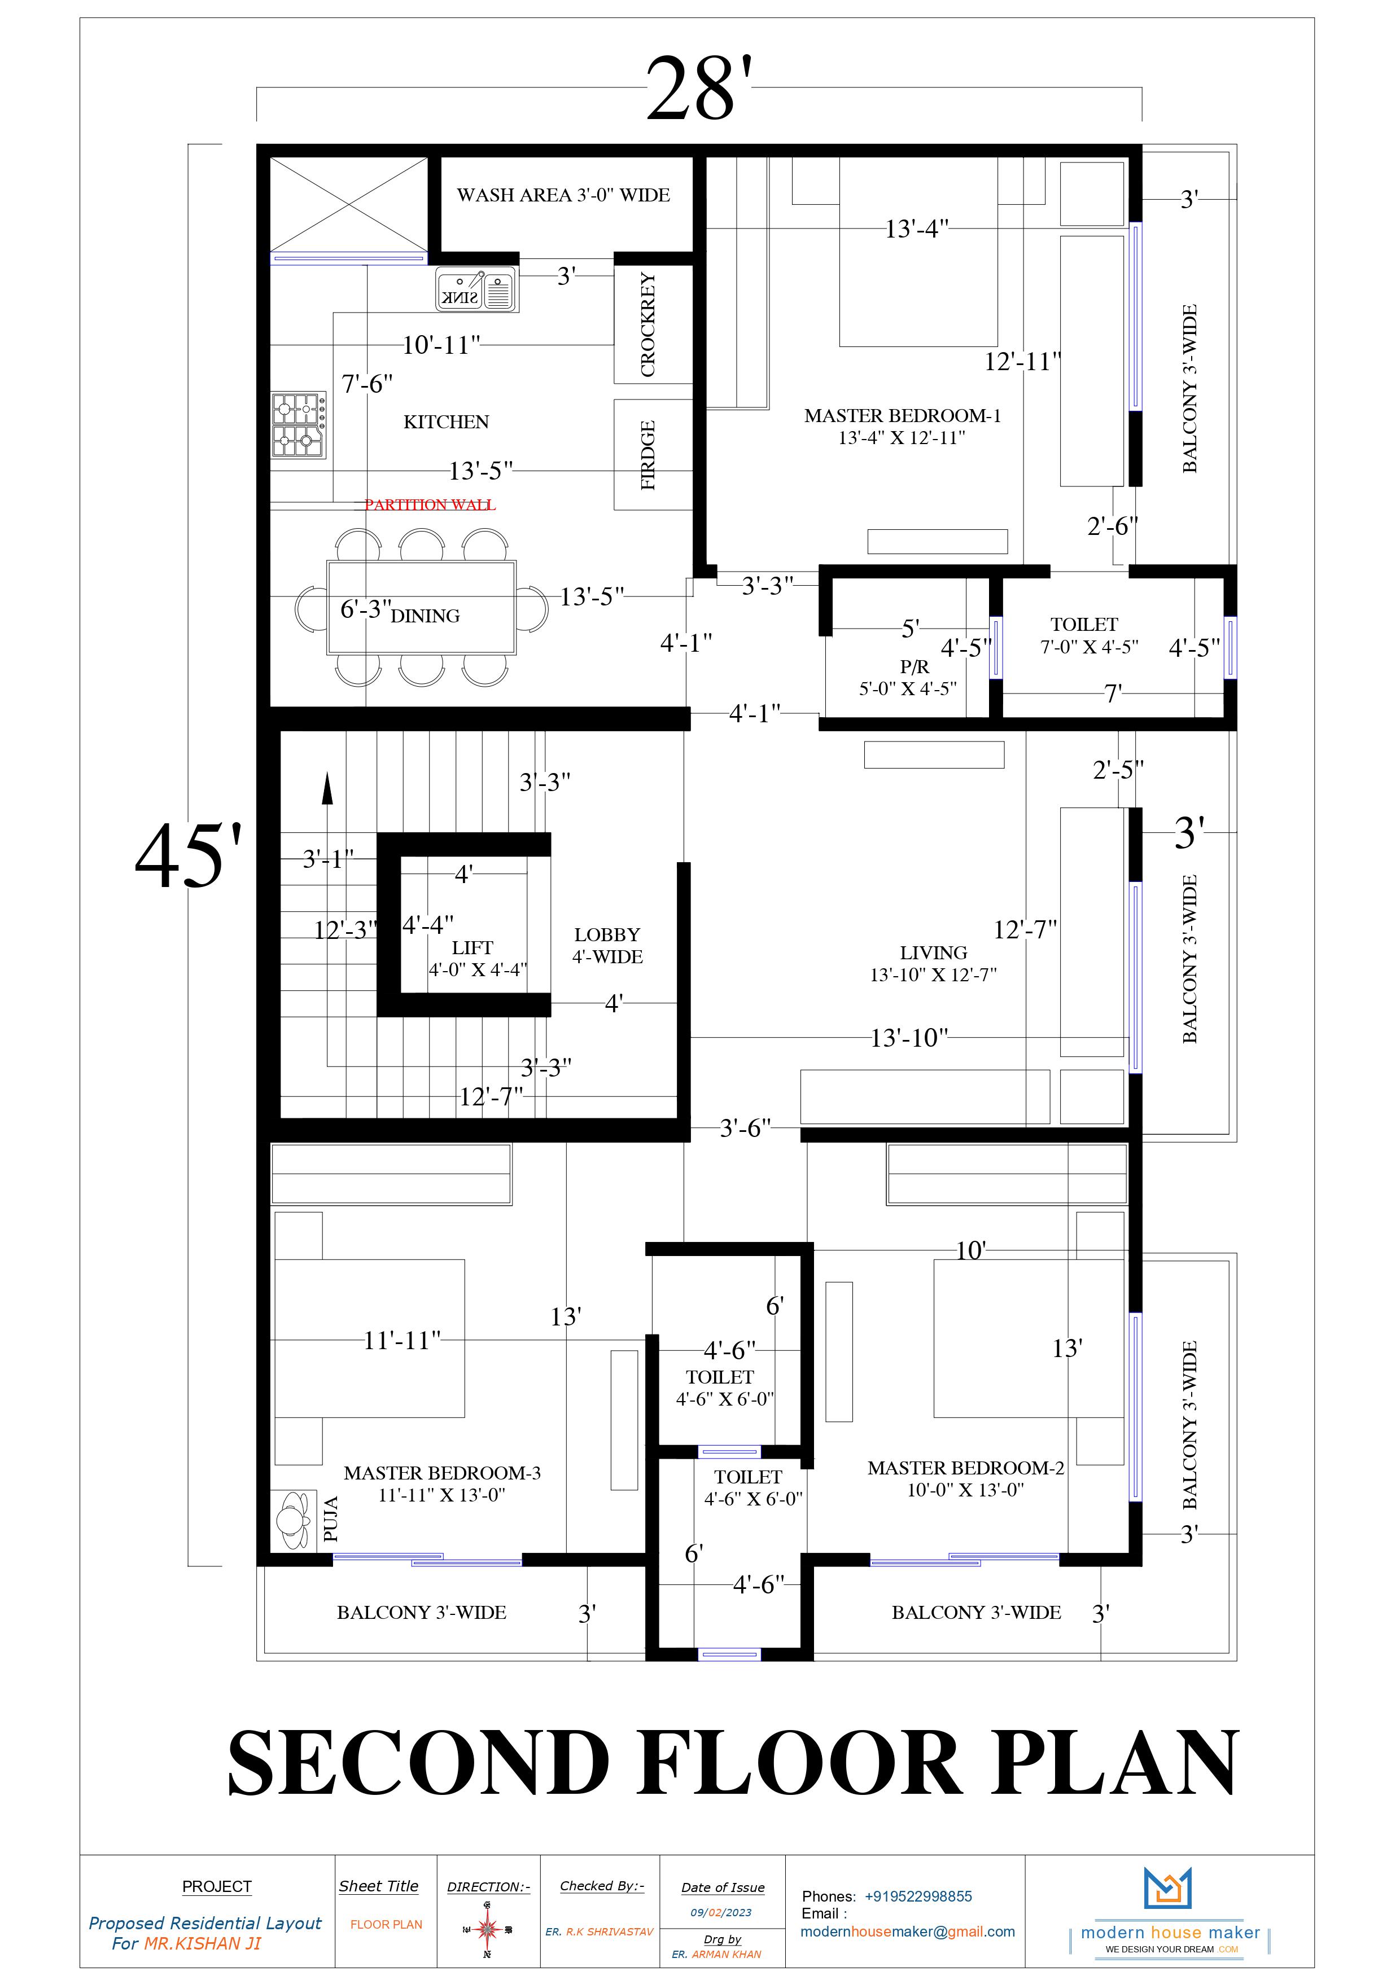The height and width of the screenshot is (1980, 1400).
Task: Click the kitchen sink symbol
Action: tap(477, 289)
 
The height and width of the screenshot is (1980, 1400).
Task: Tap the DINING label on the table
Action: tap(425, 616)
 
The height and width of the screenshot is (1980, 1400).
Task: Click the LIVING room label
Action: tap(933, 953)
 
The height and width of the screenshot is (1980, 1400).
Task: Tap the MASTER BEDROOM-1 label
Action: tap(902, 416)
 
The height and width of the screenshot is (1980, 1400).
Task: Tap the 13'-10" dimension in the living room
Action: tap(909, 1038)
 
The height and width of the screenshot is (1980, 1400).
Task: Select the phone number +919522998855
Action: tap(918, 1896)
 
